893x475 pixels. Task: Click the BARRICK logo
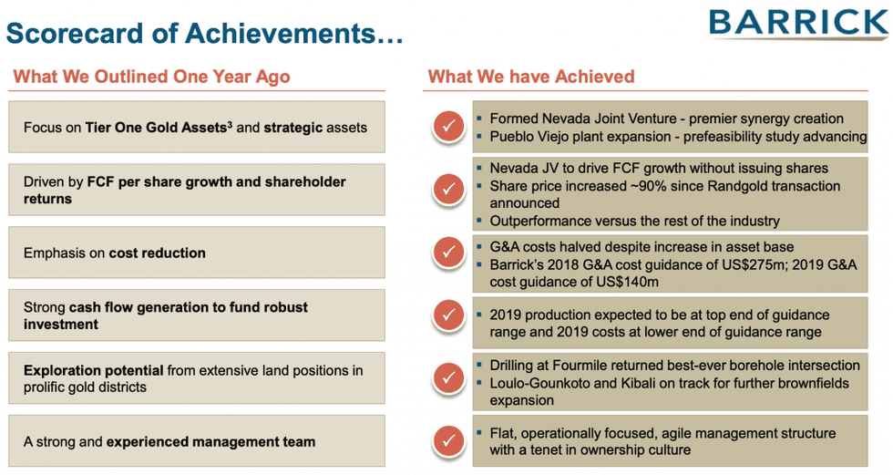pos(798,24)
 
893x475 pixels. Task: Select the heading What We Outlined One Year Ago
pos(151,77)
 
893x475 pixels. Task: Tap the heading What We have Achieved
pos(530,77)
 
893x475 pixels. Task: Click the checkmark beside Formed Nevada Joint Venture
pos(448,126)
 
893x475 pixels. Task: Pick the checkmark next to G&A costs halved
pos(448,252)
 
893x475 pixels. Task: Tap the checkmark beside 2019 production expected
pos(448,315)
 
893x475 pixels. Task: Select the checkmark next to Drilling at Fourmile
pos(448,378)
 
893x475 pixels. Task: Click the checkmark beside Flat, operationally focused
pos(448,441)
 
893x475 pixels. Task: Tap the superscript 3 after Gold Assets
pos(230,124)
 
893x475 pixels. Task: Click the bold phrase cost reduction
pos(157,253)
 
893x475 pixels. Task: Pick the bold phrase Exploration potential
pos(93,371)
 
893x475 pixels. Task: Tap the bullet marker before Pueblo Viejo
pos(479,137)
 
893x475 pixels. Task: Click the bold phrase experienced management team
pos(210,442)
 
